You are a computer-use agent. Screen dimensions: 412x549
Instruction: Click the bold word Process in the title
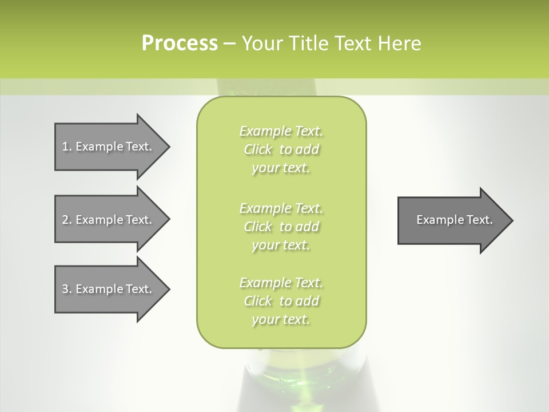(x=180, y=43)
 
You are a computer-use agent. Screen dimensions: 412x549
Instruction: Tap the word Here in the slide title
(x=400, y=43)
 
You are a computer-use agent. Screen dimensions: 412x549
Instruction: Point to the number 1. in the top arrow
(x=67, y=146)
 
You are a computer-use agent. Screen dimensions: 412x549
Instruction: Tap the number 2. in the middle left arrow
(x=67, y=220)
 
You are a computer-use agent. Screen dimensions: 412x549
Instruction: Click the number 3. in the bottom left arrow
(x=67, y=289)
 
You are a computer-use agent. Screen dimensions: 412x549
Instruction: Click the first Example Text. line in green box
(x=281, y=131)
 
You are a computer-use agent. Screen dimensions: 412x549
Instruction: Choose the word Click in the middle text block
(x=258, y=227)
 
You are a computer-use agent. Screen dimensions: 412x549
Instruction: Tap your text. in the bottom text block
(x=281, y=319)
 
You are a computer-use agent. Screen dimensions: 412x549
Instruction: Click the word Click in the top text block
(x=258, y=149)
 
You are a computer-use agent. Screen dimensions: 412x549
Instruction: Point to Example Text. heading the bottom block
(x=281, y=283)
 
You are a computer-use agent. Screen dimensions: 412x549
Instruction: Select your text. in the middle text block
(x=281, y=245)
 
